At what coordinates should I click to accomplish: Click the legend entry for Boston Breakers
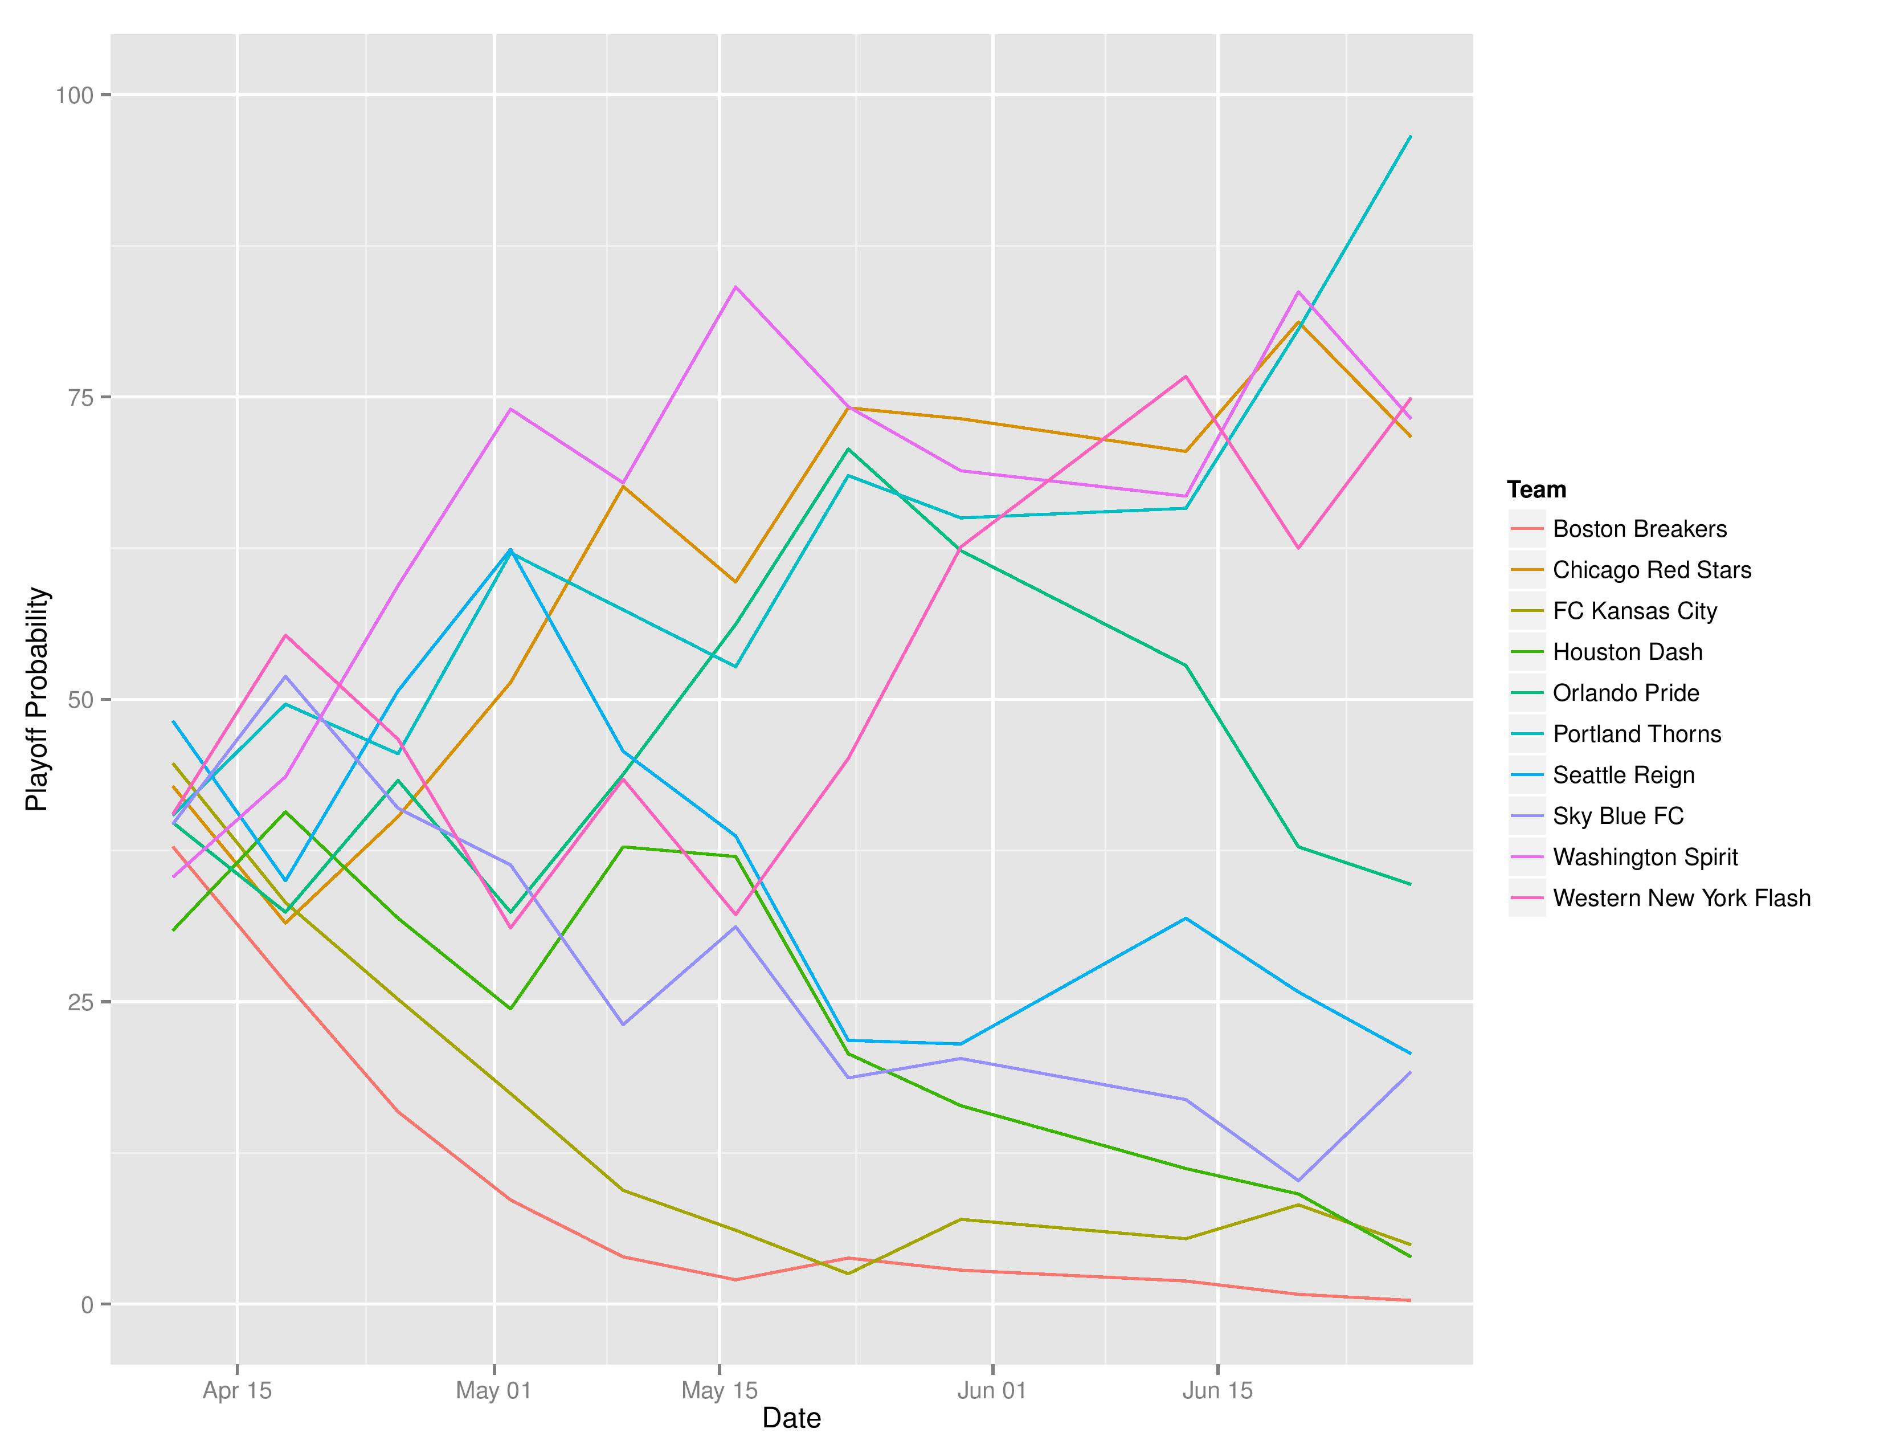[1639, 529]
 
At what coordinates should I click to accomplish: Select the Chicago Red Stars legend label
[1651, 570]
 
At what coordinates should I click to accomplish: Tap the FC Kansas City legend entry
[1634, 611]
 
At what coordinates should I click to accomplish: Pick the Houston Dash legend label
[1627, 652]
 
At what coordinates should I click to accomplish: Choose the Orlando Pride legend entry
[1625, 693]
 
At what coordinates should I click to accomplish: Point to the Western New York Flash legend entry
[1681, 898]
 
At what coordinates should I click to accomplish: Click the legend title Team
[1536, 490]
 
